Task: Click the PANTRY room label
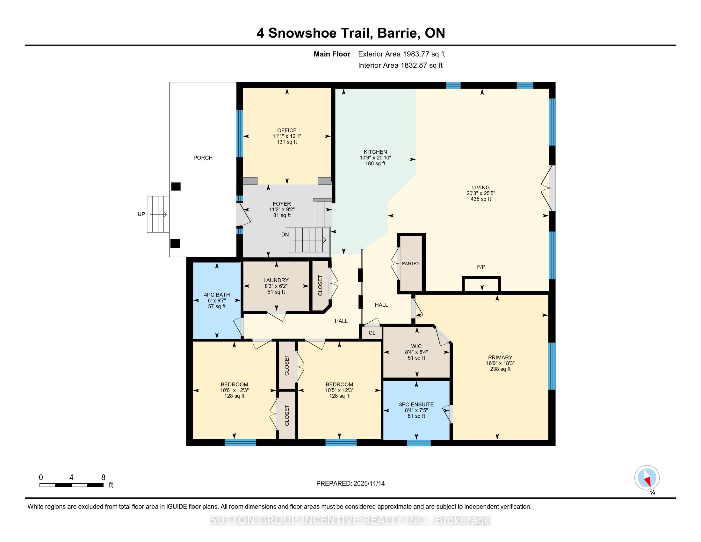point(410,263)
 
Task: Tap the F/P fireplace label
point(481,267)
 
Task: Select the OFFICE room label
point(287,130)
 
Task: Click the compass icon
point(647,478)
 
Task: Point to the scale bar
point(71,485)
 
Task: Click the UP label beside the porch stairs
point(141,214)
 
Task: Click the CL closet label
point(372,333)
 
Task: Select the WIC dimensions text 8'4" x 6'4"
point(416,352)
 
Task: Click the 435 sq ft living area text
point(481,199)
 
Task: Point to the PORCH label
point(203,157)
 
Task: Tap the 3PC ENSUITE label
point(416,405)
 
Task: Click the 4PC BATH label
point(217,295)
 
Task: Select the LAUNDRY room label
point(276,280)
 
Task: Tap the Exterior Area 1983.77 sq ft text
point(401,54)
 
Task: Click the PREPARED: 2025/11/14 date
point(350,484)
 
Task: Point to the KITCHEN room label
point(375,152)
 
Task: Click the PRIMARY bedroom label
point(500,357)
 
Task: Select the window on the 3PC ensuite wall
point(419,443)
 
